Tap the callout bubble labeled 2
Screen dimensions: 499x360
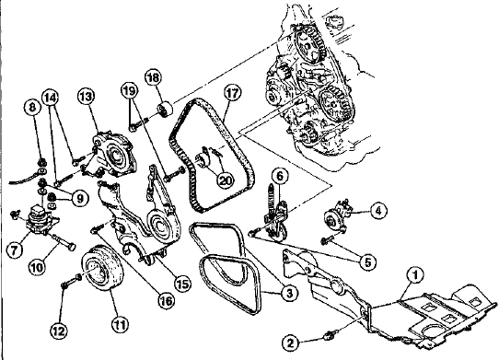tap(291, 343)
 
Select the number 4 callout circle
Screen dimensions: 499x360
tap(377, 211)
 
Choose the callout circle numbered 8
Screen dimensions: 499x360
tap(33, 108)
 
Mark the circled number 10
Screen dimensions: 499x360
tap(37, 267)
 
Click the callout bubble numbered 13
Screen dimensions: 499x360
tap(87, 97)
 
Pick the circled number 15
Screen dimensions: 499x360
tap(182, 285)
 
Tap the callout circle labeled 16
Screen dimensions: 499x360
tap(167, 300)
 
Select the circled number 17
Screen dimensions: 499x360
tap(232, 93)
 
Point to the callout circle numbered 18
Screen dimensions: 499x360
tap(154, 78)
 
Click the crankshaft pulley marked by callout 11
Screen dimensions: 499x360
tap(102, 271)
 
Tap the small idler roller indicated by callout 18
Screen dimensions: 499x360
tap(165, 110)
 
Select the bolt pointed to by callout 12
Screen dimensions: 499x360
tap(71, 282)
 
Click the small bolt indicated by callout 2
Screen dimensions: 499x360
tap(328, 335)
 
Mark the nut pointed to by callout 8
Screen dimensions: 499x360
tap(41, 163)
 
